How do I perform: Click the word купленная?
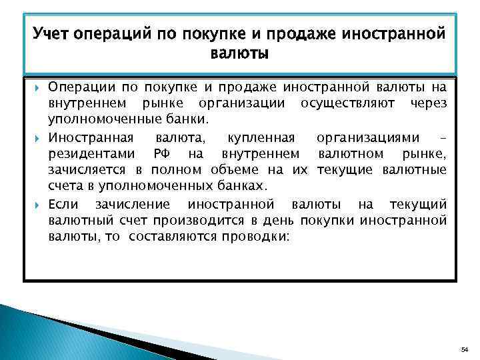(261, 138)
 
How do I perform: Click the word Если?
(64, 204)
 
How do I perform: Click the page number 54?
(465, 349)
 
